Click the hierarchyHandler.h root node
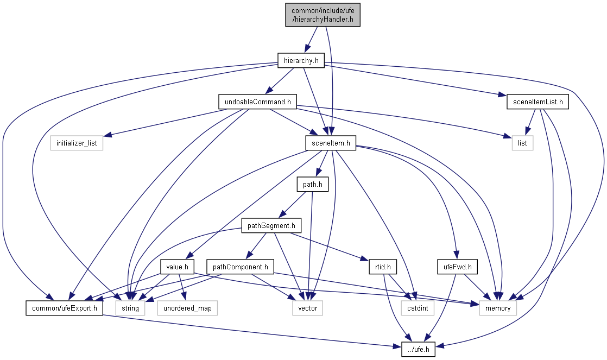(x=323, y=15)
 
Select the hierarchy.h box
(x=301, y=61)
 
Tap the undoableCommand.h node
(x=257, y=102)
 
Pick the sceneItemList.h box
(x=537, y=102)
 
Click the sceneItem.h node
(x=330, y=143)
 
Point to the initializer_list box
(x=77, y=143)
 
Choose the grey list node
(x=522, y=143)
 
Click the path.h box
(x=313, y=185)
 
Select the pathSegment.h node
(x=271, y=225)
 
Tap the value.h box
(x=178, y=267)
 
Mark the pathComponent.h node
(x=240, y=267)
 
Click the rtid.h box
(x=383, y=267)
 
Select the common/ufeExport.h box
(x=64, y=308)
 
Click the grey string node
(x=130, y=308)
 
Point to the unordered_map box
(x=187, y=308)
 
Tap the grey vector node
(x=307, y=308)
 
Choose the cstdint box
(x=415, y=308)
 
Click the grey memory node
(x=498, y=308)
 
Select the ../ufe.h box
(x=419, y=350)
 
